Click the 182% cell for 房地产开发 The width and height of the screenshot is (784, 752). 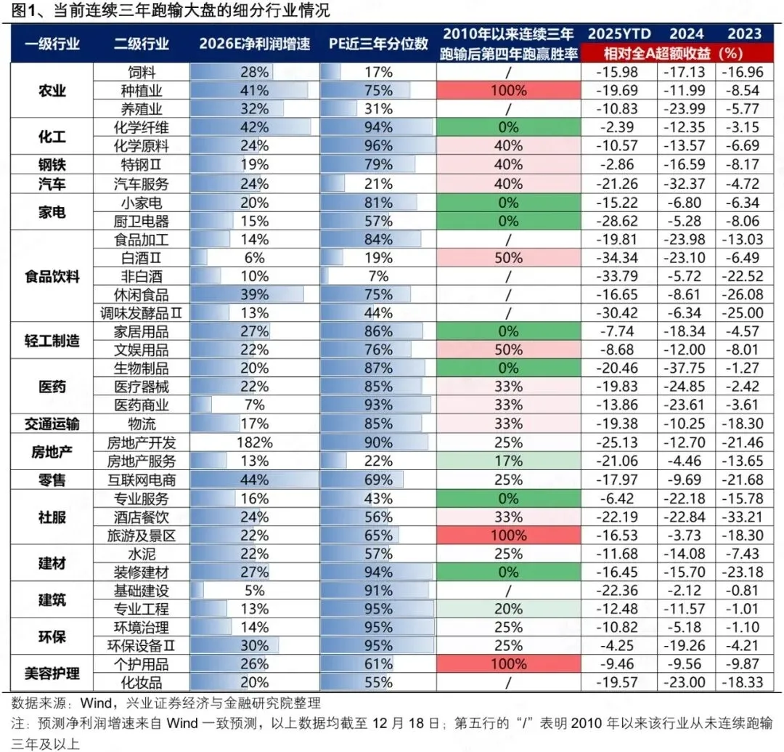point(254,442)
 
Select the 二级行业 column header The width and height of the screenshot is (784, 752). point(142,44)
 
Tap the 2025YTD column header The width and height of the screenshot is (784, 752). point(619,33)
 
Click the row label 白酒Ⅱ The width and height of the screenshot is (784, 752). point(142,257)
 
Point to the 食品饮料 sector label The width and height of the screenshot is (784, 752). point(52,276)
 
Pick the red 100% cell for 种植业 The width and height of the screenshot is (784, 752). point(508,91)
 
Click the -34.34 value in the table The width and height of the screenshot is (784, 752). point(619,257)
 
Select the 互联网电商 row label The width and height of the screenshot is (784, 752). point(142,480)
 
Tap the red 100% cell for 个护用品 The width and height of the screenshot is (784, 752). point(508,664)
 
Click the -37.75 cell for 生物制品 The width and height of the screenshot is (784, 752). point(686,368)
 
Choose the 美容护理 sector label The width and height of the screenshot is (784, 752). point(52,674)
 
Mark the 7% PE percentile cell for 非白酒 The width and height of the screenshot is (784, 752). point(378,276)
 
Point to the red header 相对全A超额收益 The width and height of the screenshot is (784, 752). point(673,53)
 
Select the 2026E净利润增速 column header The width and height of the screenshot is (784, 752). point(254,44)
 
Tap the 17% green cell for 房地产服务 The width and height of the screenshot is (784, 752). point(508,461)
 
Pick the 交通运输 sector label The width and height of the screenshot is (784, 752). point(52,424)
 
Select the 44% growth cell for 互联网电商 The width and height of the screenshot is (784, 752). point(254,480)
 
